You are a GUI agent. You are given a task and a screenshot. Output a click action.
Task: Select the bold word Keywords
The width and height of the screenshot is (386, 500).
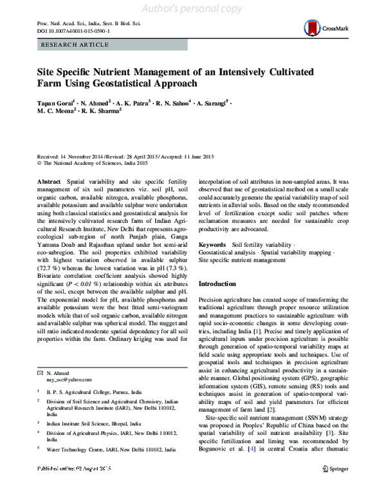[x=212, y=245]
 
